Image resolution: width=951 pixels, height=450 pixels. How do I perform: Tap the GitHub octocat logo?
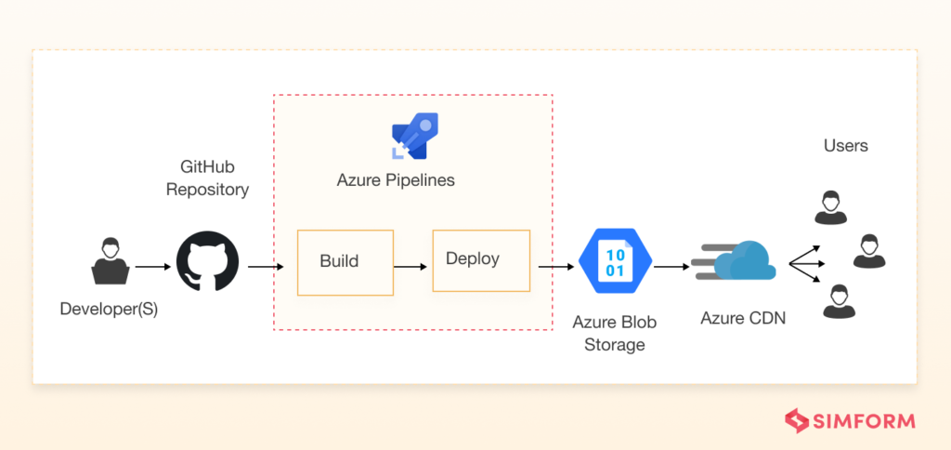coord(207,261)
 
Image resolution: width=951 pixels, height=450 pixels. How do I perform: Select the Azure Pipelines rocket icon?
coord(414,137)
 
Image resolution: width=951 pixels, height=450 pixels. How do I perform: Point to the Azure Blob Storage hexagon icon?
coord(615,261)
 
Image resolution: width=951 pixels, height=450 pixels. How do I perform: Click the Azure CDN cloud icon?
coord(734,261)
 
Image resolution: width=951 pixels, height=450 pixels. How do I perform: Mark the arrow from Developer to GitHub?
coord(153,267)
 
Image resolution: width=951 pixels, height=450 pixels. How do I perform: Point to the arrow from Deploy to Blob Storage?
coord(555,267)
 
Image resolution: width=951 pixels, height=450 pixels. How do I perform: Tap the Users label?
coord(845,145)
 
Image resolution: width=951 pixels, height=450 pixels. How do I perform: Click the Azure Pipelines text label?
coord(396,180)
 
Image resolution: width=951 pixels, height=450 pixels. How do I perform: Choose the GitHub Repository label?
coord(207,178)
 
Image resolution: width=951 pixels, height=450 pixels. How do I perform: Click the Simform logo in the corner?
coord(850,420)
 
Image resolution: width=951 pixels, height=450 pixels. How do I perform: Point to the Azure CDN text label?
coord(742,318)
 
